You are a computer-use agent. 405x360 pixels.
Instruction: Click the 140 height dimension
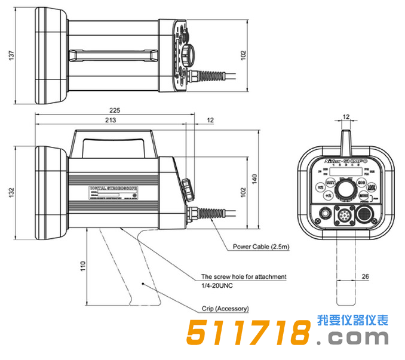tap(255, 179)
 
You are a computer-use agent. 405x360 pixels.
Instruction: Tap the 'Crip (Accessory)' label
tap(225, 309)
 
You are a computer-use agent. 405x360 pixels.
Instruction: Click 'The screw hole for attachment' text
tap(244, 277)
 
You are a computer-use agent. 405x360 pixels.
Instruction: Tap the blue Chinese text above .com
tap(353, 320)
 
